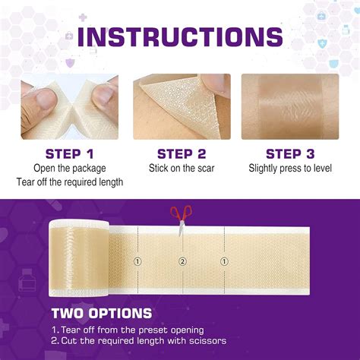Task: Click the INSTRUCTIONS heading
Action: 180,36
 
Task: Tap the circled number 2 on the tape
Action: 182,262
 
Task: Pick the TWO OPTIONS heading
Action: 101,313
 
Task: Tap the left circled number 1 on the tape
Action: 137,262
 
